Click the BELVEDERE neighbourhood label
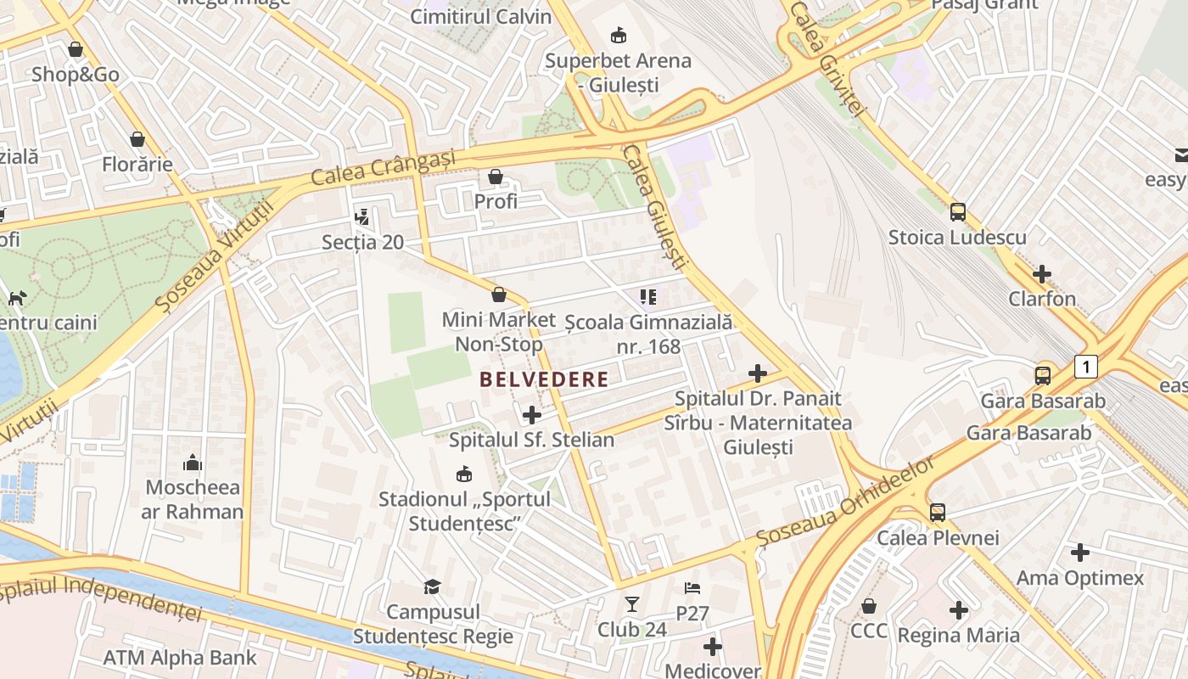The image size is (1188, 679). click(x=544, y=379)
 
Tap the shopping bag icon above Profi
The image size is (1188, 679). click(x=496, y=177)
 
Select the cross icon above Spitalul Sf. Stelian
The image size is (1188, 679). click(x=532, y=415)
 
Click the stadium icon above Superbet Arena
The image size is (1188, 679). click(x=619, y=36)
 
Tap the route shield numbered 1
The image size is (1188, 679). click(x=1085, y=367)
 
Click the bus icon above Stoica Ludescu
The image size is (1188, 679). click(x=958, y=212)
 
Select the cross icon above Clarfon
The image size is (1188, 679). click(x=1042, y=274)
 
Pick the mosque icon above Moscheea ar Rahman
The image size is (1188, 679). click(x=193, y=463)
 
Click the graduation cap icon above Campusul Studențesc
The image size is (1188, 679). click(x=433, y=586)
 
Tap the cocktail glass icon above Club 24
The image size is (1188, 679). click(x=632, y=604)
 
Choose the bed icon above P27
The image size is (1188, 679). click(x=692, y=587)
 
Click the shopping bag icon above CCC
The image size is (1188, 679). click(x=869, y=606)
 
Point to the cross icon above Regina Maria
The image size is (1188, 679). click(x=959, y=610)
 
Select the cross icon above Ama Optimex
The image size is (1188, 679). click(x=1080, y=553)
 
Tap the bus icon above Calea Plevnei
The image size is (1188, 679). click(x=938, y=513)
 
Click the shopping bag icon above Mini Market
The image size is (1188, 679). click(x=499, y=295)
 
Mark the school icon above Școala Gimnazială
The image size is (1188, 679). click(x=648, y=297)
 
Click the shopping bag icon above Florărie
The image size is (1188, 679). click(x=137, y=139)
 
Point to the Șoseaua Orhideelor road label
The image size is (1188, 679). click(x=845, y=502)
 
